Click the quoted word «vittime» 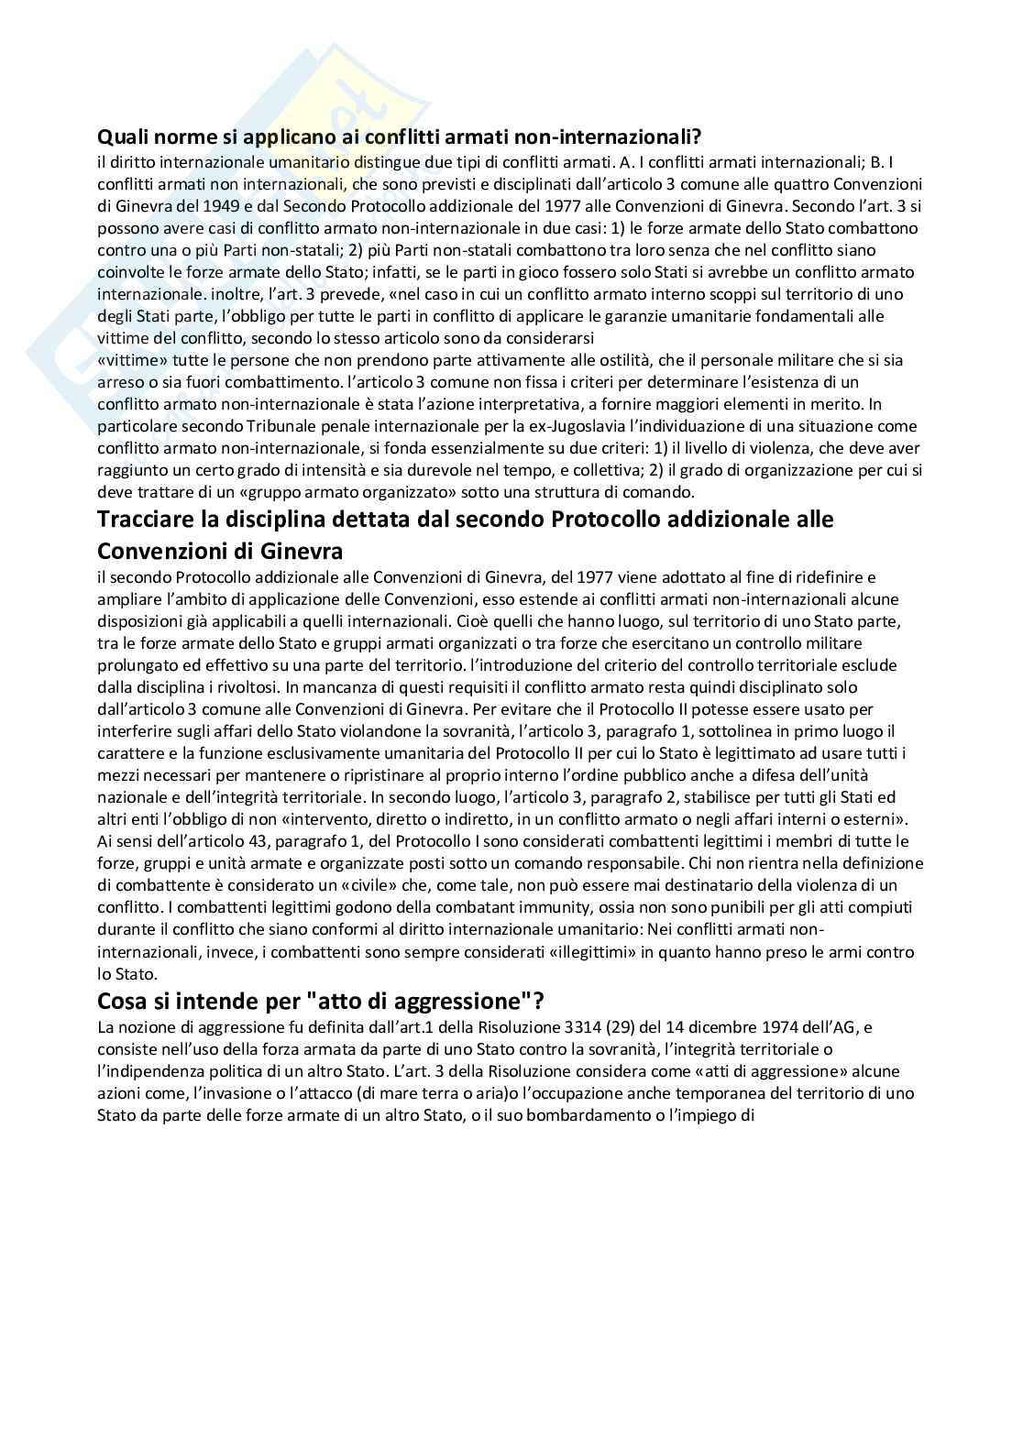[126, 360]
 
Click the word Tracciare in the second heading [148, 520]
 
